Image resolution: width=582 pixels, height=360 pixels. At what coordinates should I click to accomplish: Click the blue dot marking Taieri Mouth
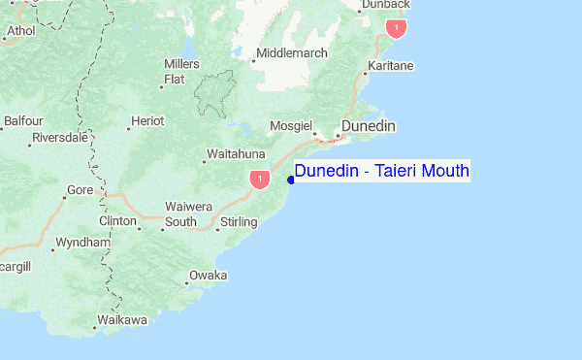(291, 180)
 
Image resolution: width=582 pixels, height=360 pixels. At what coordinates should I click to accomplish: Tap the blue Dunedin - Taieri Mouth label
(381, 172)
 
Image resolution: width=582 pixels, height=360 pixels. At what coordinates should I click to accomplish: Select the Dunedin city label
(368, 126)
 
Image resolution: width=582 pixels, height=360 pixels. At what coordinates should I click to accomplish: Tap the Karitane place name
(389, 66)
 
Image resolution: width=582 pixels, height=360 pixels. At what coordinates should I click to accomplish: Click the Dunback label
(387, 5)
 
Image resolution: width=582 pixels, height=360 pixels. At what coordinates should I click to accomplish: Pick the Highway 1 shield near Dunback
(395, 28)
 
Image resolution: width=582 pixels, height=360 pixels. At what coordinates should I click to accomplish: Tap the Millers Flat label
(181, 71)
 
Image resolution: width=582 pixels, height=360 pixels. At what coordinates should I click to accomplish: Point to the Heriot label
(148, 120)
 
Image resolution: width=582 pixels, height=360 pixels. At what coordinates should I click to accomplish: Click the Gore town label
(80, 190)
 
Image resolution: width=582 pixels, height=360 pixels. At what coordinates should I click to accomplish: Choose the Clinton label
(117, 221)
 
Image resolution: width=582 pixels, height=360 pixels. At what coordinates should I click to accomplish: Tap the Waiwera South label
(181, 214)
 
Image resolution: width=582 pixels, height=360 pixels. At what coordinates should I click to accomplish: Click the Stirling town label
(239, 222)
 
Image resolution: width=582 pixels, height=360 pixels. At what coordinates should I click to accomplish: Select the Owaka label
(209, 276)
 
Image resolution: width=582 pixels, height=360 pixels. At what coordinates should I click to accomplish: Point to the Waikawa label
(122, 319)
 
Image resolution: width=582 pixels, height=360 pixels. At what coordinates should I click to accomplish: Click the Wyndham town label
(82, 242)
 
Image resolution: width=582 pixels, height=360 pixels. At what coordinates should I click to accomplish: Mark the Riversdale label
(60, 138)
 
